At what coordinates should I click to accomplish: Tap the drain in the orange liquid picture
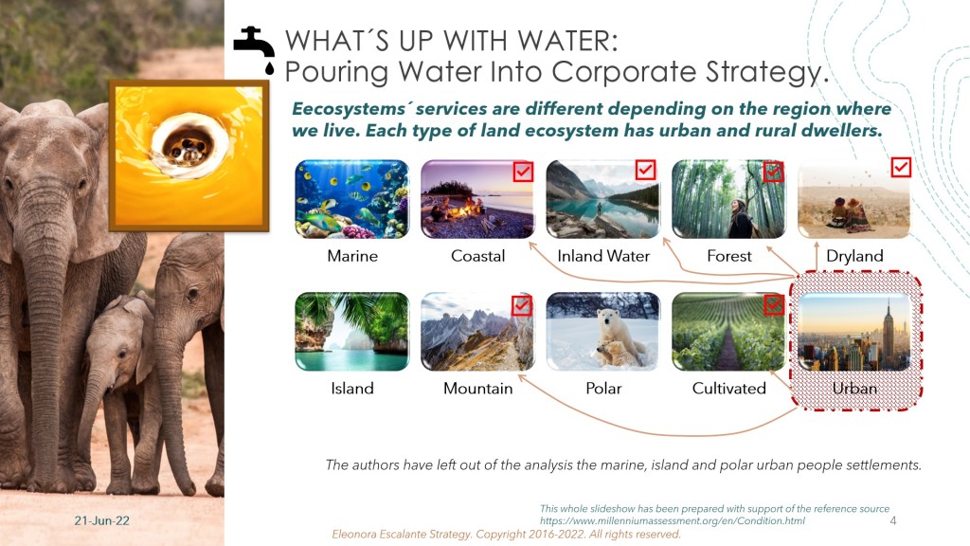coord(188,145)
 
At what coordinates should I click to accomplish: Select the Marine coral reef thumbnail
coord(352,199)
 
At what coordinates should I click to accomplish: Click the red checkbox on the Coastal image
coord(523,171)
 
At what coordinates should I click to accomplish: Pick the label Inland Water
coord(603,256)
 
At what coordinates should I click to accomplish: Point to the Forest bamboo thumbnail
coord(728,199)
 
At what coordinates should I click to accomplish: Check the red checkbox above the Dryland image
coord(901,167)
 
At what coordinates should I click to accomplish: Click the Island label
coord(352,388)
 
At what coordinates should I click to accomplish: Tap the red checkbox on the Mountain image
coord(522,305)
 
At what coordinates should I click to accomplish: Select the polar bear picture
coord(603,331)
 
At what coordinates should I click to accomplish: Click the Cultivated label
coord(728,388)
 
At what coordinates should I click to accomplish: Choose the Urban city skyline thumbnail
coord(854,331)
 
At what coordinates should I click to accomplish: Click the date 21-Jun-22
coord(102,520)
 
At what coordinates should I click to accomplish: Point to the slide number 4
coord(892,520)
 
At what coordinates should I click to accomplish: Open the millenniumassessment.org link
coord(673,521)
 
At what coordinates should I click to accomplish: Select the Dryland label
coord(854,256)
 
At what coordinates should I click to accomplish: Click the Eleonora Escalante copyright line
coord(506,535)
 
